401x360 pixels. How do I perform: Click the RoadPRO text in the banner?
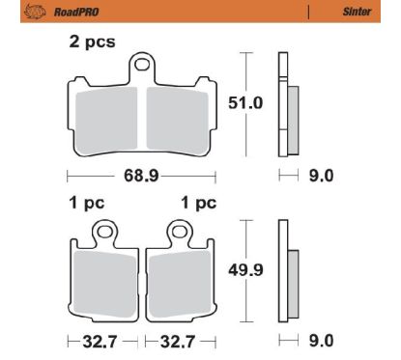coord(76,12)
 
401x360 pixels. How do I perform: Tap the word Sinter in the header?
coord(357,12)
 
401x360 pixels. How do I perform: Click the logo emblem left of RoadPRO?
coord(35,12)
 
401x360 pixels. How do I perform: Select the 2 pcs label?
coord(92,42)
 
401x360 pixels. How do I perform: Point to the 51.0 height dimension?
coord(245,103)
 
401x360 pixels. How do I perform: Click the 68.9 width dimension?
coord(141,176)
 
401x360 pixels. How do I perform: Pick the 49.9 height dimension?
coord(245,269)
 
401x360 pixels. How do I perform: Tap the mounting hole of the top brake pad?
coord(142,65)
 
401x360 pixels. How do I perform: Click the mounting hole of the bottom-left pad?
coord(104,231)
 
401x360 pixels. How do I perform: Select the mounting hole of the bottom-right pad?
coord(179,231)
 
